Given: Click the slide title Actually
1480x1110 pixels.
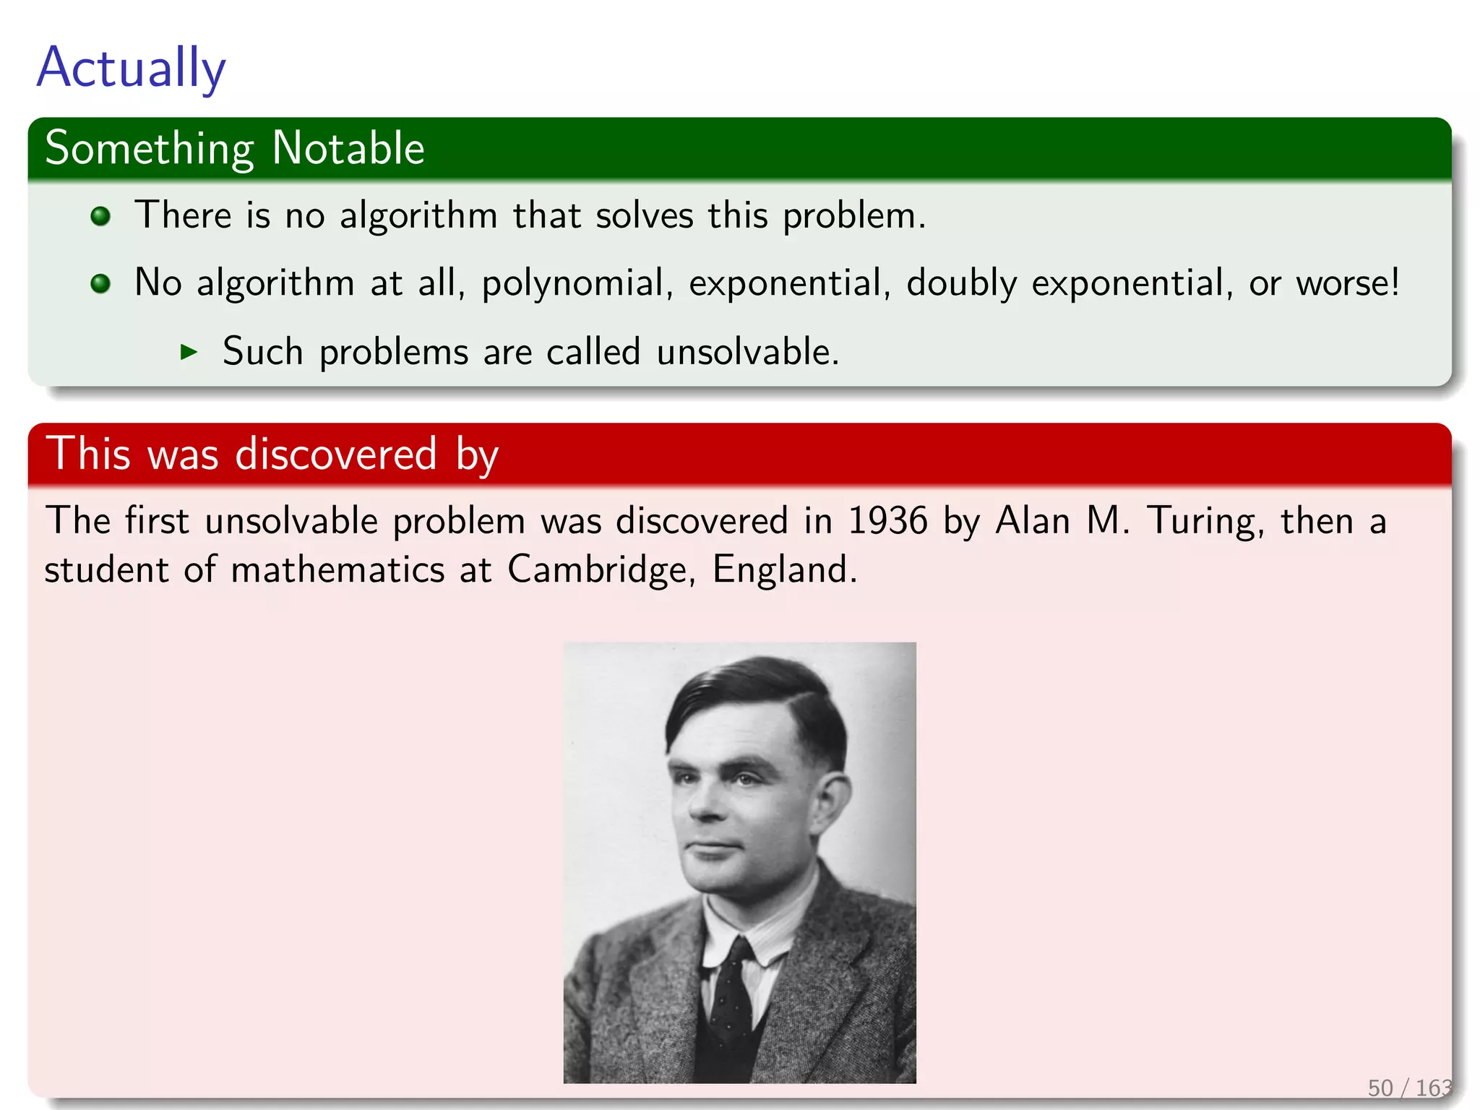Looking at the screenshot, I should pyautogui.click(x=131, y=68).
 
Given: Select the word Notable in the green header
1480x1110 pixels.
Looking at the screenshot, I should pyautogui.click(x=348, y=148).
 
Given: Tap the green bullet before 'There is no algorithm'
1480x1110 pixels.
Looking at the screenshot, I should pyautogui.click(x=100, y=216).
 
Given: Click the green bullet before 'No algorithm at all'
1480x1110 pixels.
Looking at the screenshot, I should pyautogui.click(x=100, y=283).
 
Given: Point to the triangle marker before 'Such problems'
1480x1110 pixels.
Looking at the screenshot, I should pyautogui.click(x=189, y=352).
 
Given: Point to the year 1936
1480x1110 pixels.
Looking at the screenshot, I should pyautogui.click(x=887, y=521).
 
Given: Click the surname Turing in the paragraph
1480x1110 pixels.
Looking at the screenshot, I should pyautogui.click(x=1205, y=521).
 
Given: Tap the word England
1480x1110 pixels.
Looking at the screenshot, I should pyautogui.click(x=784, y=569).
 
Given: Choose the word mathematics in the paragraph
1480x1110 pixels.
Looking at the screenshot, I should pyautogui.click(x=337, y=569).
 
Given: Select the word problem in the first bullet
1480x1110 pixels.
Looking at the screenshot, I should pyautogui.click(x=853, y=216).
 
